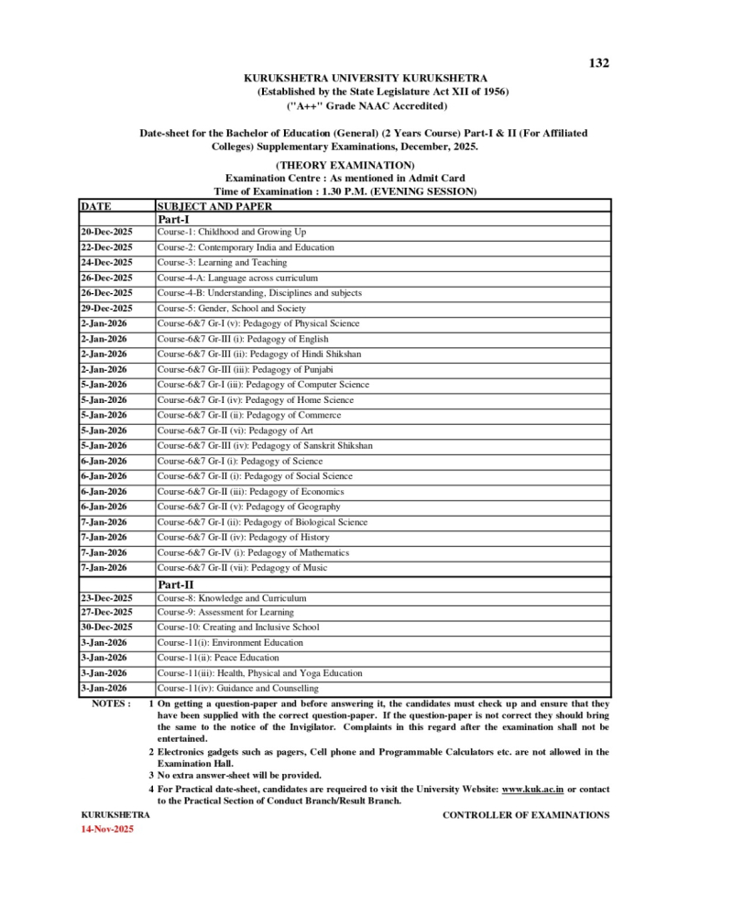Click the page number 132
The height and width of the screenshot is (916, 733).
[x=598, y=63]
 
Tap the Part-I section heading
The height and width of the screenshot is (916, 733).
[x=174, y=220]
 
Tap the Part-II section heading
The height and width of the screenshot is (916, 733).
[x=176, y=583]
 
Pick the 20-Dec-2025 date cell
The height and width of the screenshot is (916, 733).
[x=106, y=233]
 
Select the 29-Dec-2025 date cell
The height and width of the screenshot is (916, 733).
[x=106, y=309]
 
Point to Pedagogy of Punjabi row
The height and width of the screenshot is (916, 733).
[x=246, y=369]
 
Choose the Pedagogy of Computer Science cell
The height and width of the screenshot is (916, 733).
[x=263, y=385]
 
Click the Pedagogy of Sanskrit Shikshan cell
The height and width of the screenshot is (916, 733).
[x=264, y=446]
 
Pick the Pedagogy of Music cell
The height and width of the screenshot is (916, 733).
[x=242, y=568]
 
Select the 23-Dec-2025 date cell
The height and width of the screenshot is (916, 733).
[x=106, y=598]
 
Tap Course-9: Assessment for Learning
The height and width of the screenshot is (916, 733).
[x=225, y=612]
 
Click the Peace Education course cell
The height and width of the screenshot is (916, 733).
[x=218, y=658]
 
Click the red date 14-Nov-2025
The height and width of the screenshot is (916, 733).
[x=108, y=829]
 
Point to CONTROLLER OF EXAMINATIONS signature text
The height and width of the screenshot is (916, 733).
[x=525, y=815]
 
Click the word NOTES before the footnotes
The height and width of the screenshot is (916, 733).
[x=111, y=703]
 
